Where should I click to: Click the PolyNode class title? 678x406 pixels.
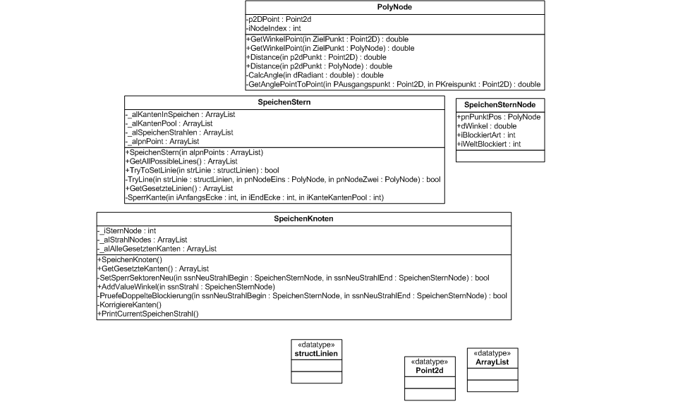(x=394, y=7)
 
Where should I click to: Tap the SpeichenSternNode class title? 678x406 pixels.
(x=500, y=105)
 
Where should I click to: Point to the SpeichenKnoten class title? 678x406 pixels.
(x=303, y=219)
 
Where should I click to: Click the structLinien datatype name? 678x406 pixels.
(x=317, y=352)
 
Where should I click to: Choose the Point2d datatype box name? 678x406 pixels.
(x=430, y=370)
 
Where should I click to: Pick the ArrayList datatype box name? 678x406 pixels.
(x=492, y=362)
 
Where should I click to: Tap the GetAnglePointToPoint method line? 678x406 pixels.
(x=394, y=84)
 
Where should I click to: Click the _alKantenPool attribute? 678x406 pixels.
(x=159, y=123)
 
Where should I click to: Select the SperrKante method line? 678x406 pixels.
(x=254, y=197)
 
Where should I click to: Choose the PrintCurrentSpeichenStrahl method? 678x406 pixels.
(x=148, y=314)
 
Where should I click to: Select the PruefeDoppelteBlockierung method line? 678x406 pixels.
(x=302, y=295)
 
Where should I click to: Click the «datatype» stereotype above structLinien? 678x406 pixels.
(x=317, y=344)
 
